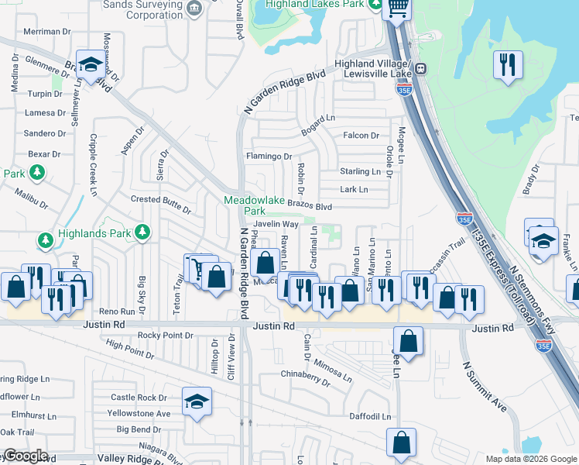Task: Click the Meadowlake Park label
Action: click(245, 205)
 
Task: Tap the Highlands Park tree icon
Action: click(142, 231)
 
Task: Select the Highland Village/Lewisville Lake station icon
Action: click(420, 68)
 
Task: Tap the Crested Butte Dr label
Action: click(160, 200)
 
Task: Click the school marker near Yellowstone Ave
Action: click(197, 402)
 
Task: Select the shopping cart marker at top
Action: click(398, 9)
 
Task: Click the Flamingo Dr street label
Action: click(268, 156)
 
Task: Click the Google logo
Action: click(25, 456)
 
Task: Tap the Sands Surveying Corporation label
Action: click(148, 9)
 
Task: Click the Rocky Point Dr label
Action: click(165, 335)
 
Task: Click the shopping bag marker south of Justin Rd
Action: click(408, 341)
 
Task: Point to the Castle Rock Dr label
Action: click(139, 398)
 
